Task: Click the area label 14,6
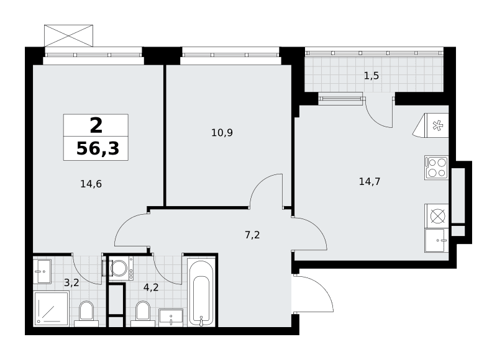(x=91, y=184)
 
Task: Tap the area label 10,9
(x=222, y=133)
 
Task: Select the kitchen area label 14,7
(x=370, y=182)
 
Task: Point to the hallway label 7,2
(x=252, y=235)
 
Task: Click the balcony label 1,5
(x=372, y=76)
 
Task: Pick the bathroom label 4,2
(x=151, y=287)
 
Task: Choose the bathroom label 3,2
(x=71, y=282)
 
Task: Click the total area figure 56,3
(x=98, y=148)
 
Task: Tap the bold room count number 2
(x=96, y=125)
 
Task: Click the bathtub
(x=200, y=292)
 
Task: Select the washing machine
(x=121, y=269)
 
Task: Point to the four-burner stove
(x=437, y=168)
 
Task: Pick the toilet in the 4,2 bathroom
(x=143, y=313)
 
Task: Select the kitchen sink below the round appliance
(x=437, y=240)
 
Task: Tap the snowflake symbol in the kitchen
(x=438, y=126)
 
